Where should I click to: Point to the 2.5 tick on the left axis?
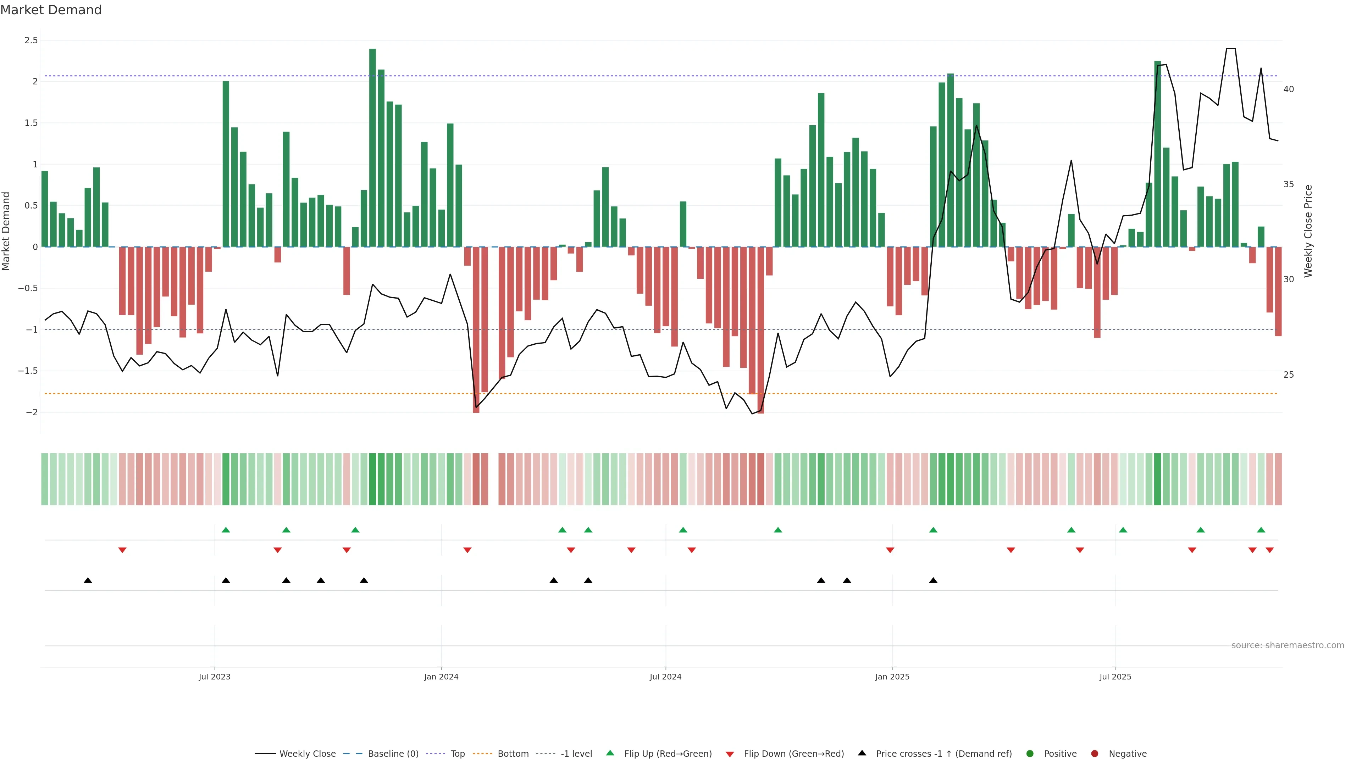(x=31, y=40)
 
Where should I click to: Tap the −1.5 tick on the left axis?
(x=28, y=371)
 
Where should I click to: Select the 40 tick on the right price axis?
(x=1289, y=89)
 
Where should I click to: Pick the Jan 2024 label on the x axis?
(x=441, y=677)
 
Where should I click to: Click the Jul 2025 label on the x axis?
(x=1115, y=677)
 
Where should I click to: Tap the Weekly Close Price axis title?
(x=1308, y=231)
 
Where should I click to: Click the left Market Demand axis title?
(x=6, y=231)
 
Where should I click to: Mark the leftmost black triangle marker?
(x=88, y=581)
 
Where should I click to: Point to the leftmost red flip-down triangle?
(x=122, y=550)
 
